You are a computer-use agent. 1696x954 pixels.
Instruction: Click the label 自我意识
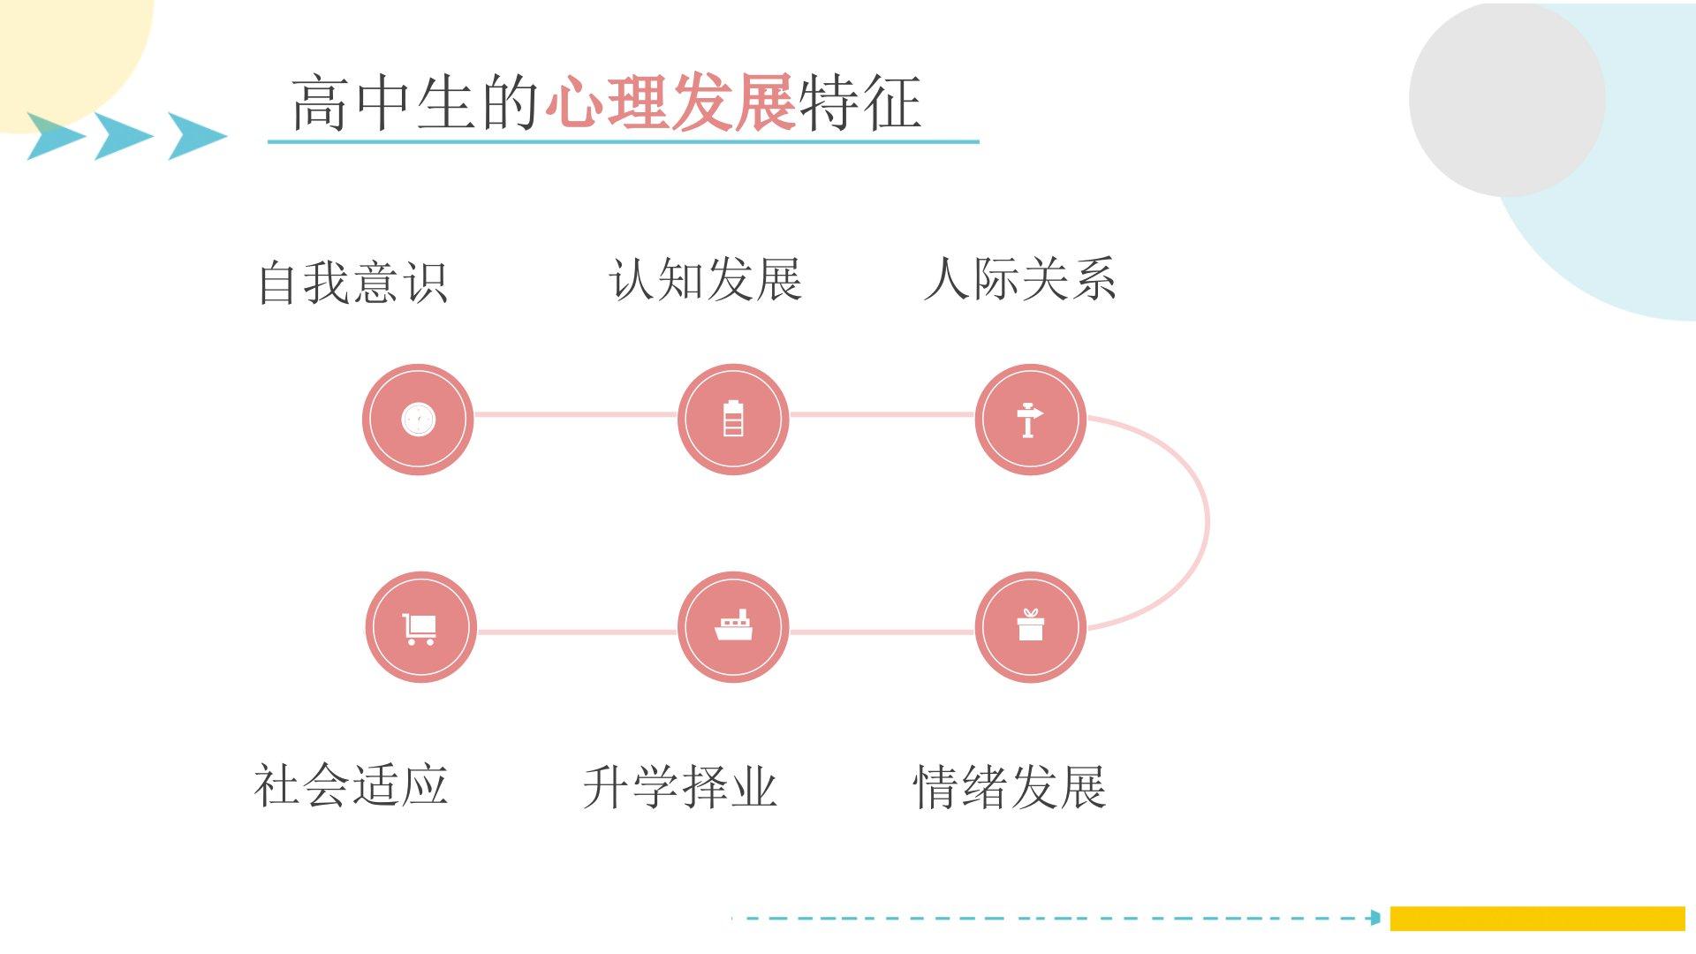pos(352,283)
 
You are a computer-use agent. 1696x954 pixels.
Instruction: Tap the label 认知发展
pos(705,280)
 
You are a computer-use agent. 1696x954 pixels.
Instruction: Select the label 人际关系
pos(1019,279)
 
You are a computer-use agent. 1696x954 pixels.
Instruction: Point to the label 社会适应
pos(351,785)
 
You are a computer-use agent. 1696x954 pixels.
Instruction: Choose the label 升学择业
pos(679,787)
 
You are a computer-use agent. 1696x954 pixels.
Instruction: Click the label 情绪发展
pos(1009,787)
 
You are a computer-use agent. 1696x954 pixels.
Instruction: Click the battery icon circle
pos(733,419)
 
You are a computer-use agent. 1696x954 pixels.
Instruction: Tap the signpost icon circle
pos(1030,419)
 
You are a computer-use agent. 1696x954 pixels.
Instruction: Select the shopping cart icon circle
pos(420,627)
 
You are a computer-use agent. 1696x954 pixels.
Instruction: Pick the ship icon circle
pos(733,627)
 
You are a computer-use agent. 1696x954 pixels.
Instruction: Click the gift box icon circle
pos(1030,627)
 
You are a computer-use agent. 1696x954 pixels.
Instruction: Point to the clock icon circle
pos(418,419)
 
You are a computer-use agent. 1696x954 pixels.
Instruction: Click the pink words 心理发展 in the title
pos(670,103)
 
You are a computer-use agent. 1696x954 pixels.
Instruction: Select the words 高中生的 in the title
pos(415,103)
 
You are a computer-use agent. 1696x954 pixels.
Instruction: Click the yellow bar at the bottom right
pos(1537,918)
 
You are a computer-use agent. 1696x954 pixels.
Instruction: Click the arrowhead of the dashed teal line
pos(1374,918)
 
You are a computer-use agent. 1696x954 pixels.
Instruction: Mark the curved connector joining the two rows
pos(1205,521)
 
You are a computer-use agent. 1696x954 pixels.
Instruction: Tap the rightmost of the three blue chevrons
pos(196,135)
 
